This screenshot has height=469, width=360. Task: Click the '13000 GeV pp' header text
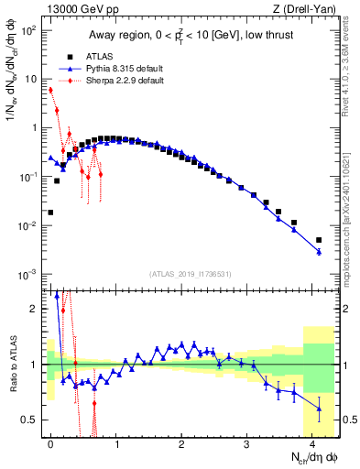tap(79, 8)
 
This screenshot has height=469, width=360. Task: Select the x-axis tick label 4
tap(312, 443)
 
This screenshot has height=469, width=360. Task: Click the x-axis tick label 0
tap(50, 443)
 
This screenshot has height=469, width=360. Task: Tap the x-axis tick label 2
tap(181, 443)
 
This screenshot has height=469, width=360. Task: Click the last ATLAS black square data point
tap(319, 240)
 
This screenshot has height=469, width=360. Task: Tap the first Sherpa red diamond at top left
tap(50, 90)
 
